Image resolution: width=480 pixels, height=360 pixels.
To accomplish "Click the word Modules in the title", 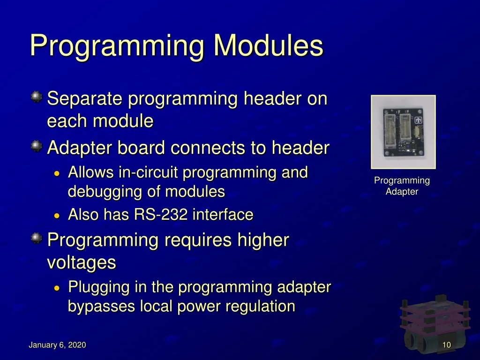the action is click(268, 45).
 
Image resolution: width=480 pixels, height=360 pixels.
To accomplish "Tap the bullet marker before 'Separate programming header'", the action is click(37, 97).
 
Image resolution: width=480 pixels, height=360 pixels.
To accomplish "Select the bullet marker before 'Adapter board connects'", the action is click(37, 146).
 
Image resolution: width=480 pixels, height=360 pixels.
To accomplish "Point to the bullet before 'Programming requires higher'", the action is click(37, 238).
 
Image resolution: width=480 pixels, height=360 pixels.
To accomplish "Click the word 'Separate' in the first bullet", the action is click(85, 99).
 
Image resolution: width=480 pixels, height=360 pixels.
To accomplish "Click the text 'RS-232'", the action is click(160, 214).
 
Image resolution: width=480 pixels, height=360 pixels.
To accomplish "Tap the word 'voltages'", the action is click(82, 262).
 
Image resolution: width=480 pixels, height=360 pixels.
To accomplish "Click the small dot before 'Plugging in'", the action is click(57, 288).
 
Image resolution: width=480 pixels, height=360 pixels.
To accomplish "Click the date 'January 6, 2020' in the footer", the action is click(57, 345).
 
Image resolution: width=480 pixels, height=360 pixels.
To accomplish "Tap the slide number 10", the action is click(447, 345).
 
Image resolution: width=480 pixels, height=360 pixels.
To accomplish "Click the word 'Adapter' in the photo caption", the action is click(402, 192).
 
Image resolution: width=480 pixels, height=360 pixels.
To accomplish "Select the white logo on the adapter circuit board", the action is click(418, 120).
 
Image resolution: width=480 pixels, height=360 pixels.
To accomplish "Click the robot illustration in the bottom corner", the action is click(435, 324).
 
